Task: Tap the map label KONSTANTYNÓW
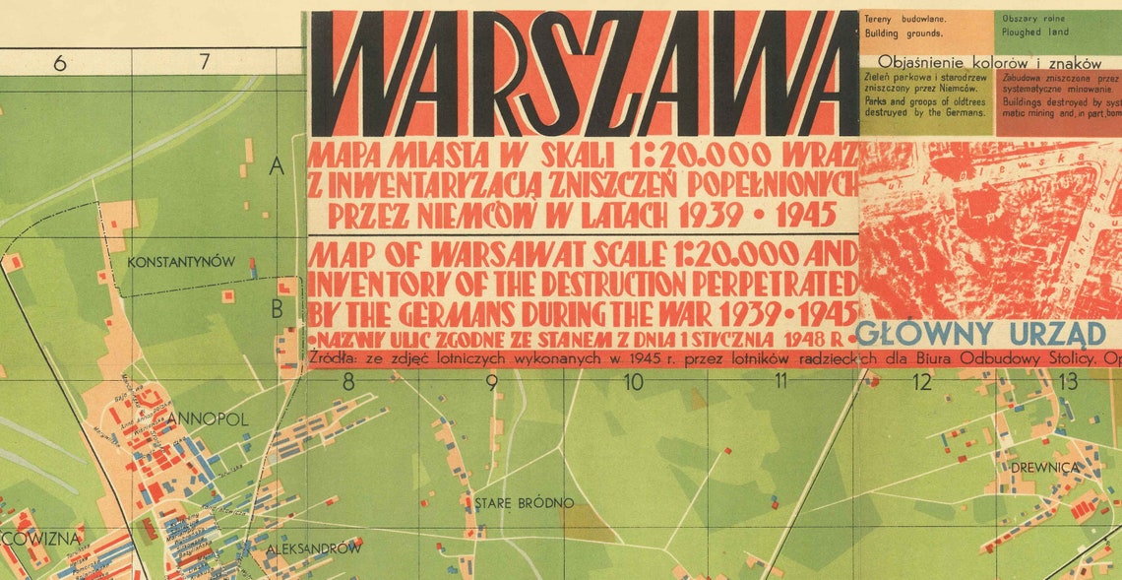(181, 262)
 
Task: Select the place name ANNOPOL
(208, 419)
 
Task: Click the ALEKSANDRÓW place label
(314, 548)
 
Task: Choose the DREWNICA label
(1044, 467)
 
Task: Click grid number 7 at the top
(204, 63)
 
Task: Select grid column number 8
(347, 382)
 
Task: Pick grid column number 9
(491, 382)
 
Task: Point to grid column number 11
(780, 382)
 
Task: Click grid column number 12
(921, 382)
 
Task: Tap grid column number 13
(1068, 382)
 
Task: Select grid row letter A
(277, 168)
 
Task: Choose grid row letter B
(278, 309)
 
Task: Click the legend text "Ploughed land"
(1034, 32)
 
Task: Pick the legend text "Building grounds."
(904, 32)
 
